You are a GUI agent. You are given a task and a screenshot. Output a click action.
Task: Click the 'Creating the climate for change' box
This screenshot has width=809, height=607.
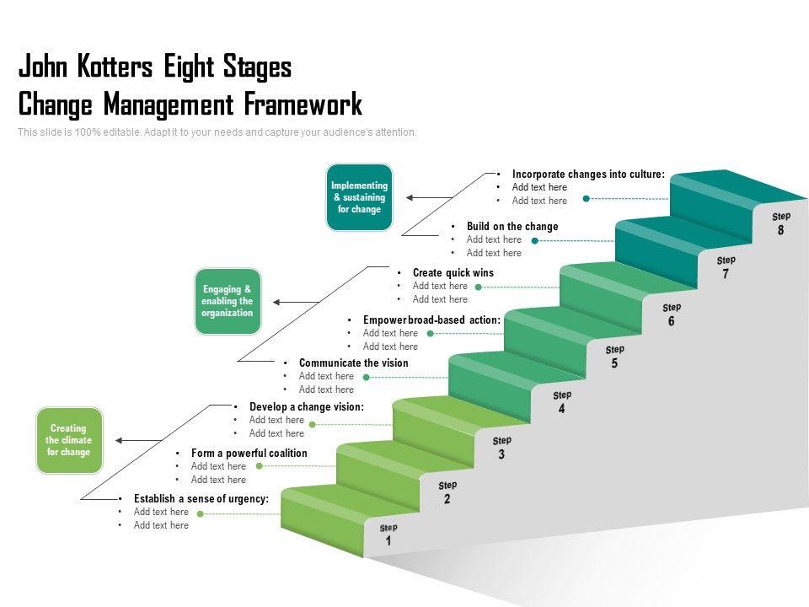tap(69, 440)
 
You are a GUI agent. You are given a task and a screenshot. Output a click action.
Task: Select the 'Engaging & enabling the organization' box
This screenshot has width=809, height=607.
tap(228, 302)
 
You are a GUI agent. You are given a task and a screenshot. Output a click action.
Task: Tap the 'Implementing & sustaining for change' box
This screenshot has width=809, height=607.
tap(359, 197)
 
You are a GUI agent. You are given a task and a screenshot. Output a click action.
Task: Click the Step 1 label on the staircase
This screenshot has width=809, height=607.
tap(388, 534)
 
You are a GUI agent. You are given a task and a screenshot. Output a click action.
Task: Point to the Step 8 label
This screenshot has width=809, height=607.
tap(781, 223)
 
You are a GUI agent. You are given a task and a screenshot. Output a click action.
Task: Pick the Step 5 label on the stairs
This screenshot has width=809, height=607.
tap(614, 357)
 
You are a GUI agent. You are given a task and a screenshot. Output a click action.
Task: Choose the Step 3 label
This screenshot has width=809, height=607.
tap(501, 448)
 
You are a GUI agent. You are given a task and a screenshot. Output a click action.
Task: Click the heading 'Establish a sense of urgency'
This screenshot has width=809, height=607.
tap(201, 498)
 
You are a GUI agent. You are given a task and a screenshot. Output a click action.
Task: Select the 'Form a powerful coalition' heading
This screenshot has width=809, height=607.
tap(249, 454)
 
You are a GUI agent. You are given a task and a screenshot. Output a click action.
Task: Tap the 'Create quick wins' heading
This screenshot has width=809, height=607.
tap(453, 272)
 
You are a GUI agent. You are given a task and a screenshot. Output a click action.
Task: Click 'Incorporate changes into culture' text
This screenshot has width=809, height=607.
tap(589, 174)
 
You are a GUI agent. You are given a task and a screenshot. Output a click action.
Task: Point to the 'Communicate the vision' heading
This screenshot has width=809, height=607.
tap(353, 363)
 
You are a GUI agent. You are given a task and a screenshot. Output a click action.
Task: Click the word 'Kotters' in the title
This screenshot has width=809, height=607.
tap(115, 67)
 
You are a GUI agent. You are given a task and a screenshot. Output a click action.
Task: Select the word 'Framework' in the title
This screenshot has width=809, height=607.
tap(303, 104)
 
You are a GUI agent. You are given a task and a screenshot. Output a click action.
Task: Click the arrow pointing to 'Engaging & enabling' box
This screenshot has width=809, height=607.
tap(296, 302)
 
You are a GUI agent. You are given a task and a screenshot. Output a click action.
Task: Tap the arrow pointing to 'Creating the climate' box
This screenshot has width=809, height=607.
tap(138, 440)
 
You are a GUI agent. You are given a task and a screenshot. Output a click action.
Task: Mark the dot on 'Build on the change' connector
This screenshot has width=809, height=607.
tap(535, 240)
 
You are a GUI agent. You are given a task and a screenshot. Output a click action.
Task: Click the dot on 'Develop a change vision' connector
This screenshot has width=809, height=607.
tap(312, 424)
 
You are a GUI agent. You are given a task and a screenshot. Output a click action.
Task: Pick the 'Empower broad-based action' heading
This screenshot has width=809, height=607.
tap(431, 320)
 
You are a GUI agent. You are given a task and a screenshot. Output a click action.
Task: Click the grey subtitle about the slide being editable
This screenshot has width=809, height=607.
tap(217, 132)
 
